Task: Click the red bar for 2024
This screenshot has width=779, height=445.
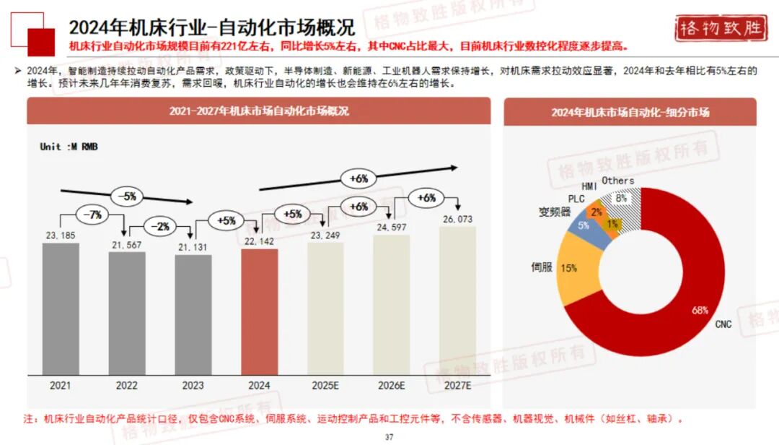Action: [259, 311]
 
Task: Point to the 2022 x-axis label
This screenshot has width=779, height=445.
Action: [127, 386]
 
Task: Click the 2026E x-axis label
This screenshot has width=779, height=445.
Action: [392, 386]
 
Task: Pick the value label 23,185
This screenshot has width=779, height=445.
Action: [61, 235]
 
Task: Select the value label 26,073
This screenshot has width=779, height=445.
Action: [457, 219]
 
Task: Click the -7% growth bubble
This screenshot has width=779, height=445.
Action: [92, 215]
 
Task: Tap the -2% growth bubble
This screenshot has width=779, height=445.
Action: [159, 226]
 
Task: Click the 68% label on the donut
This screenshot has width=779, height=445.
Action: [700, 310]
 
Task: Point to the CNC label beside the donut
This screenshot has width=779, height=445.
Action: [723, 324]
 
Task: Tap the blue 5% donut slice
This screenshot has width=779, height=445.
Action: [583, 225]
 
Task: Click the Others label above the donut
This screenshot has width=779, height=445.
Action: [617, 181]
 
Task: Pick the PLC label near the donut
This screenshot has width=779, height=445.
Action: [576, 198]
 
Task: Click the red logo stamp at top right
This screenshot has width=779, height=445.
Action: [721, 28]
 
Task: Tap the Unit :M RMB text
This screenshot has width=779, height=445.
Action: [69, 147]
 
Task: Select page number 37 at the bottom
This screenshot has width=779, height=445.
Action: [389, 437]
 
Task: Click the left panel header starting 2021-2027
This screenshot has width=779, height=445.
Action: [259, 111]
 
